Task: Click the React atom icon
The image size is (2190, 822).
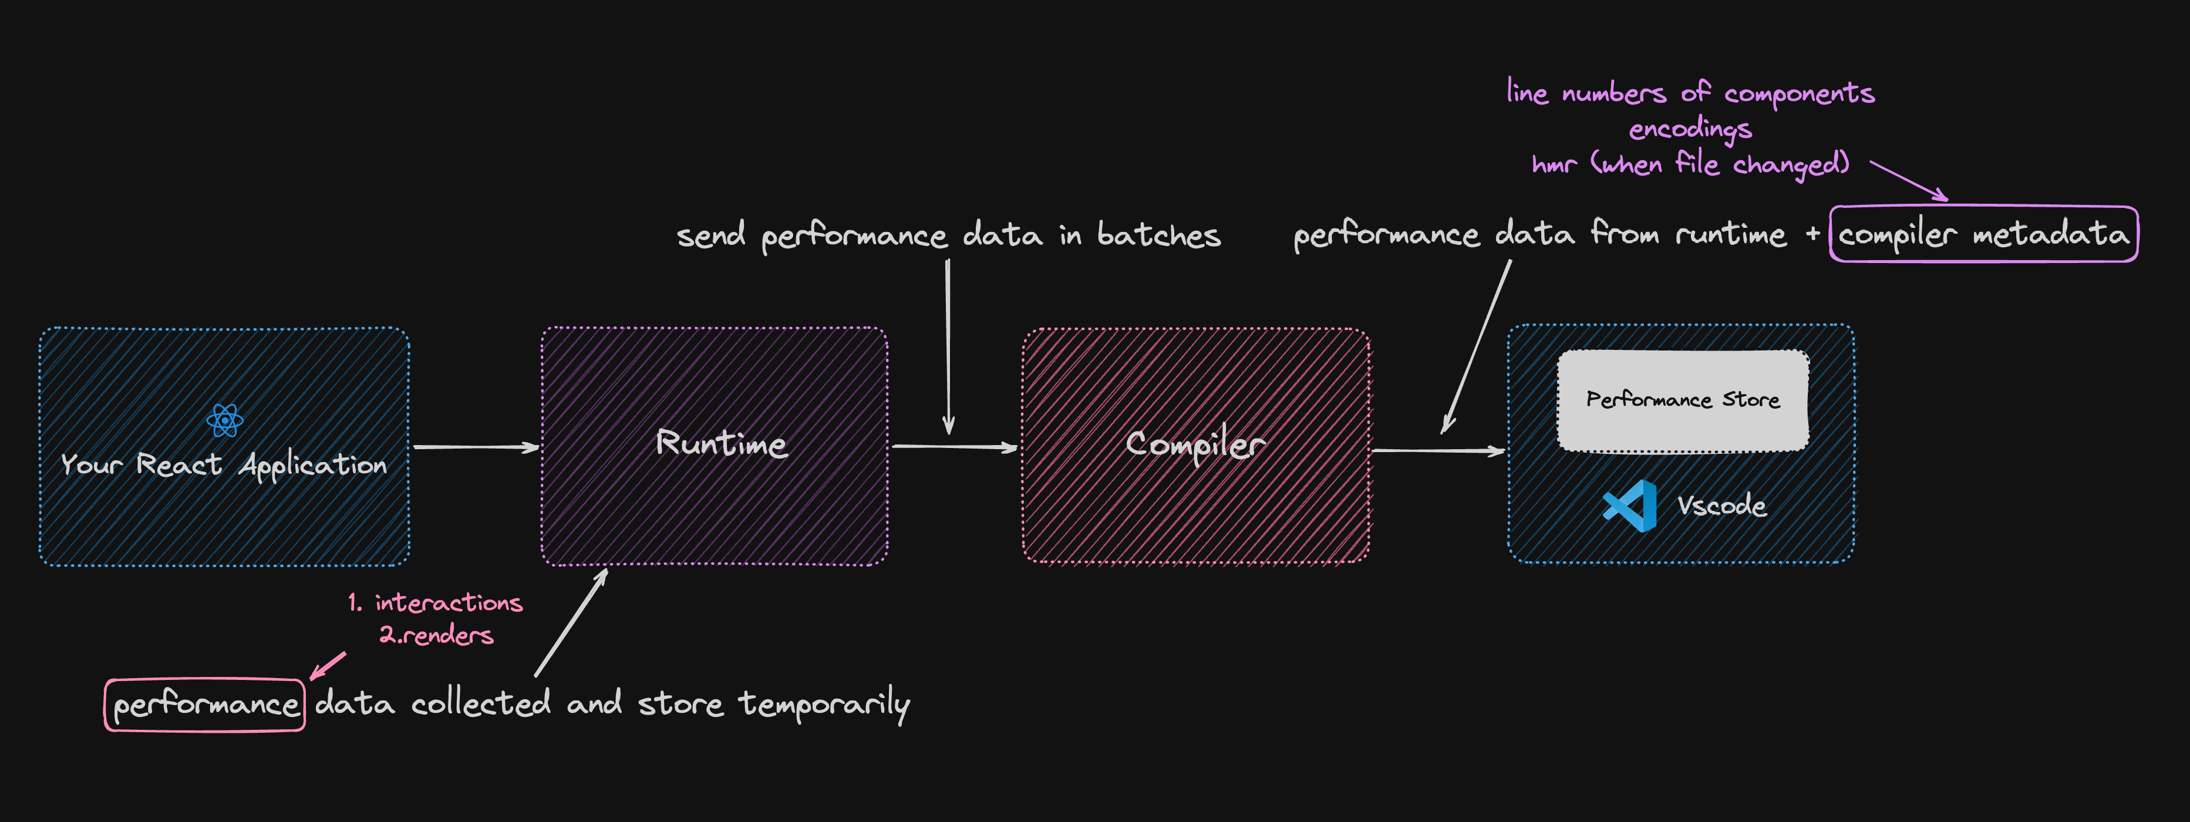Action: tap(224, 420)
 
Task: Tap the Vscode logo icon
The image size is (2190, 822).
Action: tap(1630, 506)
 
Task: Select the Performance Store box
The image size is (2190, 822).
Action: tap(1683, 399)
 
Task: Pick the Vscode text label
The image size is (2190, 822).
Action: tap(1721, 506)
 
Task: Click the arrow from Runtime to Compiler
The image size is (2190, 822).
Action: tap(954, 446)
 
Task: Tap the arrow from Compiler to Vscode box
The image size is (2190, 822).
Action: tap(1438, 450)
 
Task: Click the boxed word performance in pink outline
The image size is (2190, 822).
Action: tap(205, 705)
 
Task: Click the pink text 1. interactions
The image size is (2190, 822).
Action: tap(435, 602)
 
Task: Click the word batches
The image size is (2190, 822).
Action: tap(1159, 235)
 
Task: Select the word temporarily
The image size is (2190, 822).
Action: tap(824, 705)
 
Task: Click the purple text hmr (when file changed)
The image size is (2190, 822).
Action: tap(1690, 163)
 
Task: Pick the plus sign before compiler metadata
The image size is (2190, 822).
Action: tap(1812, 233)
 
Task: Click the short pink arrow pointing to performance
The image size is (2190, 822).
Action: tap(327, 666)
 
